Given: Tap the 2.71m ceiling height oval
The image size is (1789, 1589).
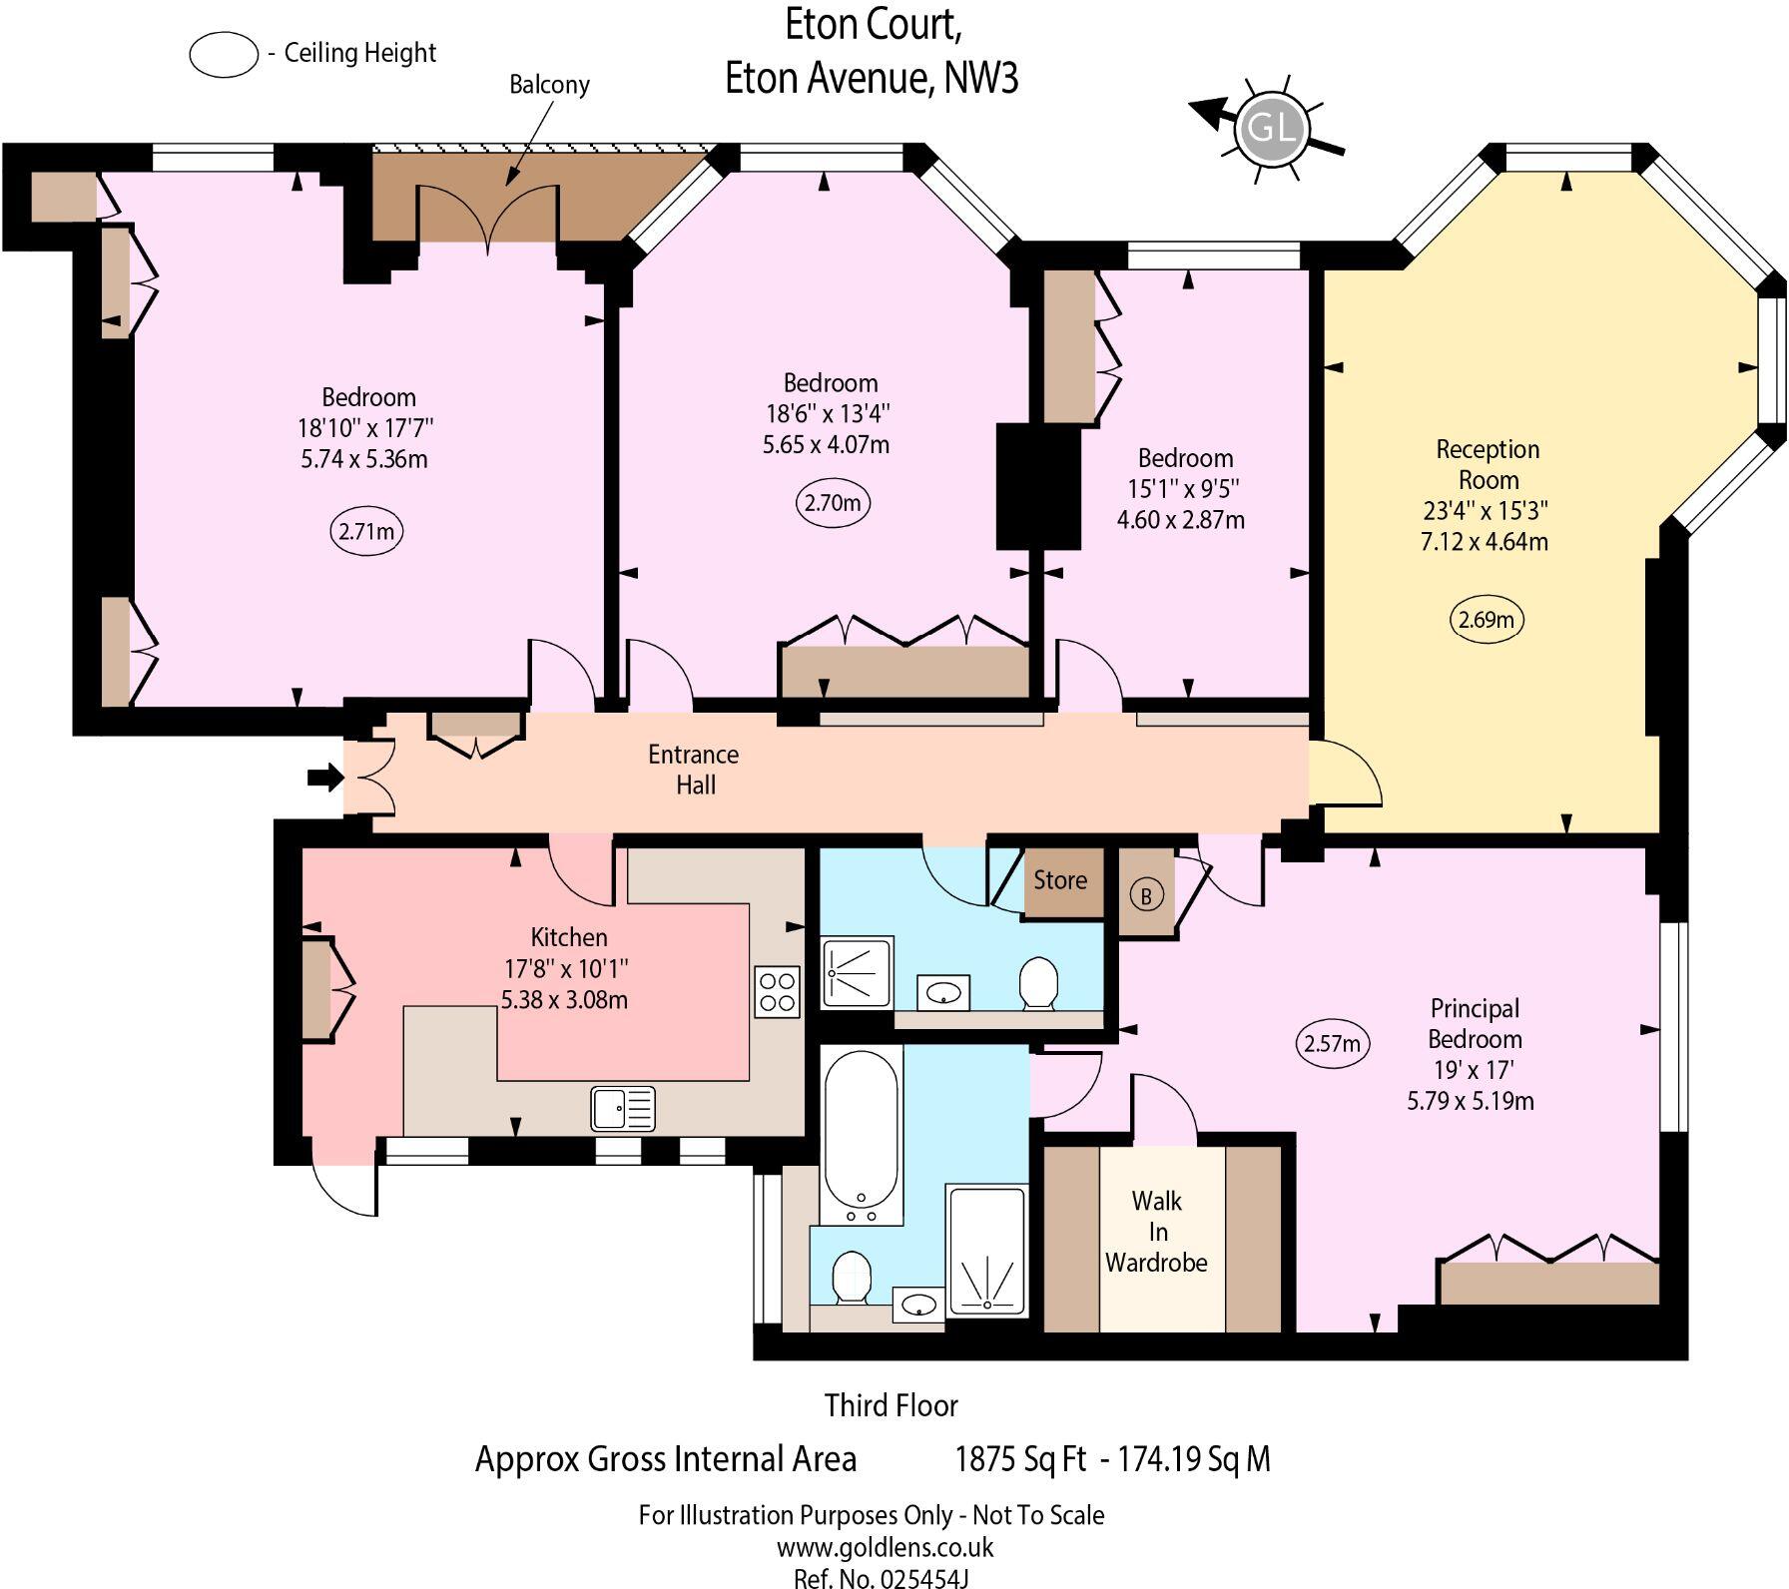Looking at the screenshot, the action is pos(366,531).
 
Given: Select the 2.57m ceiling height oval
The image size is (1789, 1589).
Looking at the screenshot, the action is pos(1332,1044).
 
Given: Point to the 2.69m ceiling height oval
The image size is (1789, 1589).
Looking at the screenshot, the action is pos(1487,620).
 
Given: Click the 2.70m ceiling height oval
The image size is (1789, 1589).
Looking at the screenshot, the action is pos(833,503).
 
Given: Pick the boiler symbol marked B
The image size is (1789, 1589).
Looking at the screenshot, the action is pos(1146,895).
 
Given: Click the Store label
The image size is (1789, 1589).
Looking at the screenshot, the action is pos(1060,880).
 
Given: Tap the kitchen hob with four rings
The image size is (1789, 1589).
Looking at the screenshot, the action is pos(778,991).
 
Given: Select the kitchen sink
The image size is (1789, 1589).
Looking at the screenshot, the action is pos(623,1108).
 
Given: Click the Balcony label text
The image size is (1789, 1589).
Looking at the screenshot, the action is pos(549,85).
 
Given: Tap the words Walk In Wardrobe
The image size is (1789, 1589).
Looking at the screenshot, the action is pos(1156,1232).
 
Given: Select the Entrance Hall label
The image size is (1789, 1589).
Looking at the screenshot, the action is pos(695,770).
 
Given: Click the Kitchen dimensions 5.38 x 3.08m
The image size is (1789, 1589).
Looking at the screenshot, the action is pos(565,999).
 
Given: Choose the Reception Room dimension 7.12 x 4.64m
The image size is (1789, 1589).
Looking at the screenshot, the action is pos(1485,542).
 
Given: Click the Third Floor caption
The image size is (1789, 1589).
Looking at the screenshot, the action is pos(892,1405).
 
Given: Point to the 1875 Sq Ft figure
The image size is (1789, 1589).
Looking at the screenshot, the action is pos(1020,1459).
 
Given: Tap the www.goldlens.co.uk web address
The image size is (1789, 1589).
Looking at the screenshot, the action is pos(886,1547).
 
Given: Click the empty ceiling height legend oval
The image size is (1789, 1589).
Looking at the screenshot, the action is pos(225,55).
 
